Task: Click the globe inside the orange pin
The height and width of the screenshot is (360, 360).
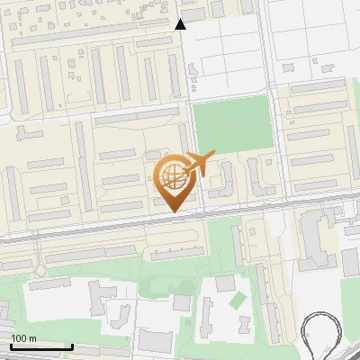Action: point(171,175)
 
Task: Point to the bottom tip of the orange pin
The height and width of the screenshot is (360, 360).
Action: point(173,211)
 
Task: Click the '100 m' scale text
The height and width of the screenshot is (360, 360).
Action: point(23,337)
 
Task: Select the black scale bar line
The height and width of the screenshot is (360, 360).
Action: point(41,346)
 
